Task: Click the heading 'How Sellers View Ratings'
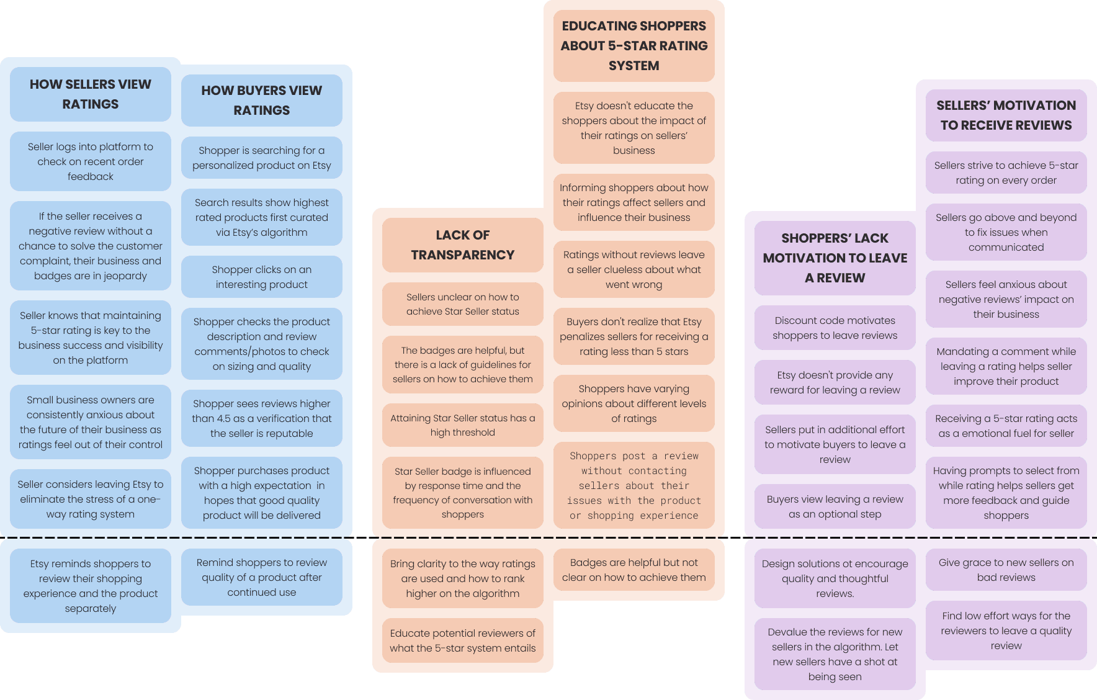(x=91, y=94)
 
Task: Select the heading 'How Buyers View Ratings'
(x=261, y=101)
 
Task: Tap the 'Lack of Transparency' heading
(x=462, y=245)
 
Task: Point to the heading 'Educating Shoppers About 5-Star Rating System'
(x=634, y=46)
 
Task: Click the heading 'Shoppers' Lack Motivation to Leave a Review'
(x=835, y=258)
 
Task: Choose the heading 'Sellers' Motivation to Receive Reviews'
(x=1006, y=115)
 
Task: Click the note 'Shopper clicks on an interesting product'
(x=261, y=277)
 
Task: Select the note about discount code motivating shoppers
(x=835, y=328)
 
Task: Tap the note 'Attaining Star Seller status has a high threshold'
(x=462, y=426)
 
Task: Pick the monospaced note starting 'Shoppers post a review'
(x=634, y=486)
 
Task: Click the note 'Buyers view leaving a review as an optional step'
(x=835, y=507)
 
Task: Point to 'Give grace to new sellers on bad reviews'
(x=1006, y=570)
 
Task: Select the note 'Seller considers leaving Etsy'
(x=91, y=500)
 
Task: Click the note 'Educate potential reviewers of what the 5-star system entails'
(x=462, y=641)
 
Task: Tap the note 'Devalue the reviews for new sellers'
(x=835, y=655)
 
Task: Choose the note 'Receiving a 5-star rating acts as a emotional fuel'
(x=1006, y=426)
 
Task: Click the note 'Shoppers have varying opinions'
(x=634, y=404)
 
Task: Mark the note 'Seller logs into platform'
(x=91, y=162)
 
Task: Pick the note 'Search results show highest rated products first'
(x=261, y=218)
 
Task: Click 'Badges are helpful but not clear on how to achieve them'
(x=634, y=570)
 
